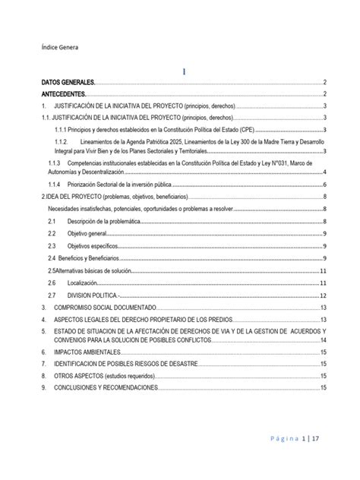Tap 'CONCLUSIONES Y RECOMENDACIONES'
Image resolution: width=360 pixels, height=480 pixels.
click(106, 388)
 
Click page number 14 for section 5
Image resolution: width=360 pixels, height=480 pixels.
click(324, 340)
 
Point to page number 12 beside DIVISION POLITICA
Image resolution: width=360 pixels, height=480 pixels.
click(324, 295)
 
